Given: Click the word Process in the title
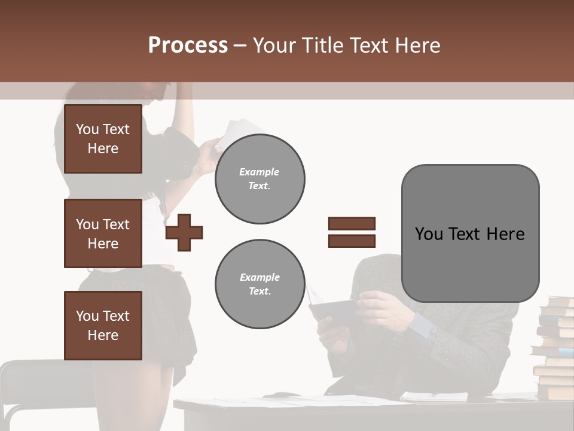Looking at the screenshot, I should point(188,45).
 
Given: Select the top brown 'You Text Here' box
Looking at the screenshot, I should point(103,139).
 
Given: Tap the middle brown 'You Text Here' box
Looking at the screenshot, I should point(103,233).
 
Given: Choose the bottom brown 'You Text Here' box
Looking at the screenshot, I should point(103,325).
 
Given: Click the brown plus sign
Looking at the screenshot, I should point(184,232).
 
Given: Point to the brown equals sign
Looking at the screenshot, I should point(352,232).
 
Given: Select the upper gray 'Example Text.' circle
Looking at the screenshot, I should point(259,179).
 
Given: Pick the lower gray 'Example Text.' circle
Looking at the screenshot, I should point(259,284).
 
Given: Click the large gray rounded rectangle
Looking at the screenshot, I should point(470,233).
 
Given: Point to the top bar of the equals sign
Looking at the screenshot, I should point(352,224).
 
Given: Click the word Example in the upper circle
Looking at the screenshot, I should point(259,172).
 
